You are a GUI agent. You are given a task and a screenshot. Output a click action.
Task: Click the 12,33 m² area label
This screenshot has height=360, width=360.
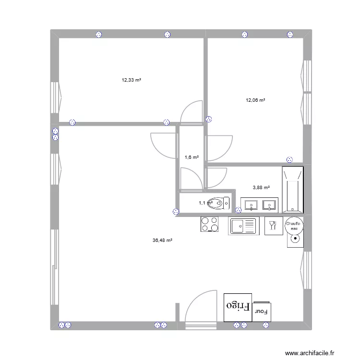point(131,80)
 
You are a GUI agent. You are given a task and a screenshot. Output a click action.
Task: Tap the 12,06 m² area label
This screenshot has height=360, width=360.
point(255,100)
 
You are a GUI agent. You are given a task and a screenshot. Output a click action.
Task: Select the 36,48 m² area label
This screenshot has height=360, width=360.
point(162,240)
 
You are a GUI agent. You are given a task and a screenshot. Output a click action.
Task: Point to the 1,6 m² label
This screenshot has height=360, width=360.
point(192,157)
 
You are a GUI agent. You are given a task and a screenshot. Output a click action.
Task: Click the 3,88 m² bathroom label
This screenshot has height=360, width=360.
point(261,188)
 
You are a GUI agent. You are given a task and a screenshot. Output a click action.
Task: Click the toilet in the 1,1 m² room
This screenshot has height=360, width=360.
point(221,203)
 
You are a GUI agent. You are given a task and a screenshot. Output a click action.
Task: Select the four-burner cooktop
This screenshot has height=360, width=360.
point(209,225)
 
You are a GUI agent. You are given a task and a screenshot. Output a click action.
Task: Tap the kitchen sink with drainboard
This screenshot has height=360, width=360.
point(243,225)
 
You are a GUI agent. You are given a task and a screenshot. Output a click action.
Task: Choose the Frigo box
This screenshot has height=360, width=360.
point(238,306)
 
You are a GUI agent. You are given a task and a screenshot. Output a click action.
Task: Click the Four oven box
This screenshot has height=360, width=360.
point(262,312)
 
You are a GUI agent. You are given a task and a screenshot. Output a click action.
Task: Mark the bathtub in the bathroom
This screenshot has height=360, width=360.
point(292,190)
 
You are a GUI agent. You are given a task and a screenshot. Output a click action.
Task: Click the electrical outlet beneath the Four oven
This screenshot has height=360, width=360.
point(266,325)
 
